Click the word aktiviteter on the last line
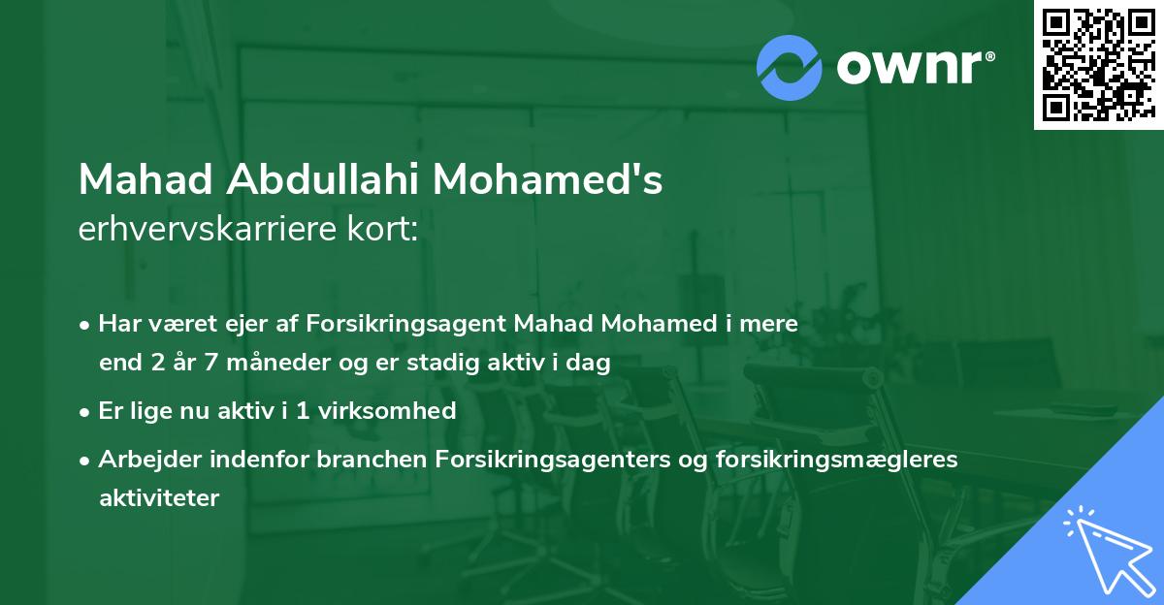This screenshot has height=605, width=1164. coord(159,498)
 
